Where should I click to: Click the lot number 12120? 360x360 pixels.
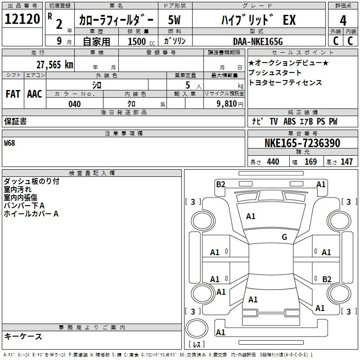pos(22,19)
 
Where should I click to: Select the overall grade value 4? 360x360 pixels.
pos(343,20)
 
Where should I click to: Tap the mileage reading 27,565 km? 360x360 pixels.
pos(54,65)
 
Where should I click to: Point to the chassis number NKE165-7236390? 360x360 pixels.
pos(302,143)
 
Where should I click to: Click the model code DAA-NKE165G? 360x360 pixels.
pos(258,41)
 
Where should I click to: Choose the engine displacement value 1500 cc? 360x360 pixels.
pos(141,41)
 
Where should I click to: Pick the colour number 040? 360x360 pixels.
pos(74,104)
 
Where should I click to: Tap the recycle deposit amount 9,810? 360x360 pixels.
pos(227,104)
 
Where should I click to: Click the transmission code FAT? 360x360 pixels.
pos(13,94)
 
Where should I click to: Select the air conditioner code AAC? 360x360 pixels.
pos(35,94)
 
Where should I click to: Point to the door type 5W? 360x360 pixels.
pos(174,20)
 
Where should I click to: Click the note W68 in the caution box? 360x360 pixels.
pos(9,143)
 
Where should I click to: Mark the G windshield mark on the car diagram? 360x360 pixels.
pos(284,237)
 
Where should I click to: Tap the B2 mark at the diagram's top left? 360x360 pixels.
pos(220,184)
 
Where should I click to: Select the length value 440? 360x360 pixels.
pos(273,162)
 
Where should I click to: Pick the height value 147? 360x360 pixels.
pos(346,162)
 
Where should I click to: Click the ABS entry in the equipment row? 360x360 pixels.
pos(289,121)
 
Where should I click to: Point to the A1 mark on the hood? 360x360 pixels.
pos(251,216)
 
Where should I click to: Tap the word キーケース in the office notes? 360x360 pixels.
pos(23,336)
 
